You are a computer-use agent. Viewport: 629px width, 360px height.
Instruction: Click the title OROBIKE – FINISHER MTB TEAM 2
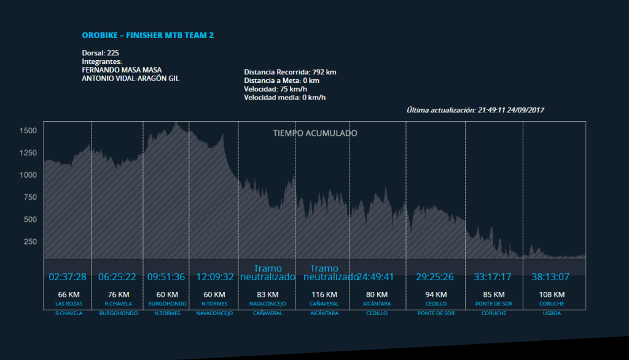click(x=147, y=36)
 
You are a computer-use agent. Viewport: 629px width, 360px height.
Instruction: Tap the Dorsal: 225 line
click(x=100, y=53)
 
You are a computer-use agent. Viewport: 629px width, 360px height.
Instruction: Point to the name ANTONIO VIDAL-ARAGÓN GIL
click(x=131, y=79)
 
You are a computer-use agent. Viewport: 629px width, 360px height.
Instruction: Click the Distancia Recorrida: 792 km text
click(x=290, y=72)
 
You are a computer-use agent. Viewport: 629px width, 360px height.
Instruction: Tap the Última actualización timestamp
click(x=475, y=110)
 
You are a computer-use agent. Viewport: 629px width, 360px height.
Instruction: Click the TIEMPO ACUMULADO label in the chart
click(x=315, y=133)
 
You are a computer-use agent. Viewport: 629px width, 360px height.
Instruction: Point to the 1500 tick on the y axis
click(x=28, y=131)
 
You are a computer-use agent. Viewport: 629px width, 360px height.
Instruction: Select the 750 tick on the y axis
click(x=30, y=197)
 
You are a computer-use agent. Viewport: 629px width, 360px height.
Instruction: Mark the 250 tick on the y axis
click(x=30, y=241)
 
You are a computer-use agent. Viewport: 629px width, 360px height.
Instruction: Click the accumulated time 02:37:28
click(x=68, y=277)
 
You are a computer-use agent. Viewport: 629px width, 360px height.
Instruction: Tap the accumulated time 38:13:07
click(x=550, y=277)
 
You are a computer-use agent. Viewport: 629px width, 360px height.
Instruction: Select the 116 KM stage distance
click(x=324, y=295)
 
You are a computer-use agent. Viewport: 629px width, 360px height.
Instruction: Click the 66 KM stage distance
click(x=69, y=295)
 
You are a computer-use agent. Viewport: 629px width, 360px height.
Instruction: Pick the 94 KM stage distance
click(x=435, y=295)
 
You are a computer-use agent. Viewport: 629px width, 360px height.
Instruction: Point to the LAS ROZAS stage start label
click(x=69, y=304)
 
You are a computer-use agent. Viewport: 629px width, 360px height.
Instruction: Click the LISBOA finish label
click(x=551, y=313)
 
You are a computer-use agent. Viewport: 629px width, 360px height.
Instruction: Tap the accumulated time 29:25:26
click(x=434, y=277)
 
